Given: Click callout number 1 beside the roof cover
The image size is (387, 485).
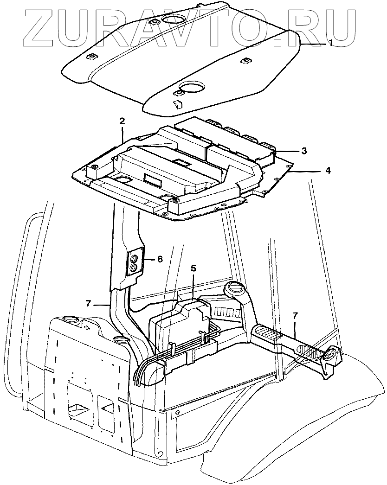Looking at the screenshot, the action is (330, 43).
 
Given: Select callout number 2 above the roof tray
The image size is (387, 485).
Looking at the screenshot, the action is (122, 121).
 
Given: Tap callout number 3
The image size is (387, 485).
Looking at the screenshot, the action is (303, 151).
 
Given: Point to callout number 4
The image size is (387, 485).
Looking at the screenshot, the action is (328, 171).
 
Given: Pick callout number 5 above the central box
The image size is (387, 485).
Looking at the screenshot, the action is (193, 268).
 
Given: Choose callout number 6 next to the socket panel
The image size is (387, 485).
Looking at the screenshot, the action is (160, 259).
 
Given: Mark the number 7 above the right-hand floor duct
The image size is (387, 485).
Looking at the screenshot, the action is (296, 316).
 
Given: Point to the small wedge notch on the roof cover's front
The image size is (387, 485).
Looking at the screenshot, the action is (177, 104).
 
